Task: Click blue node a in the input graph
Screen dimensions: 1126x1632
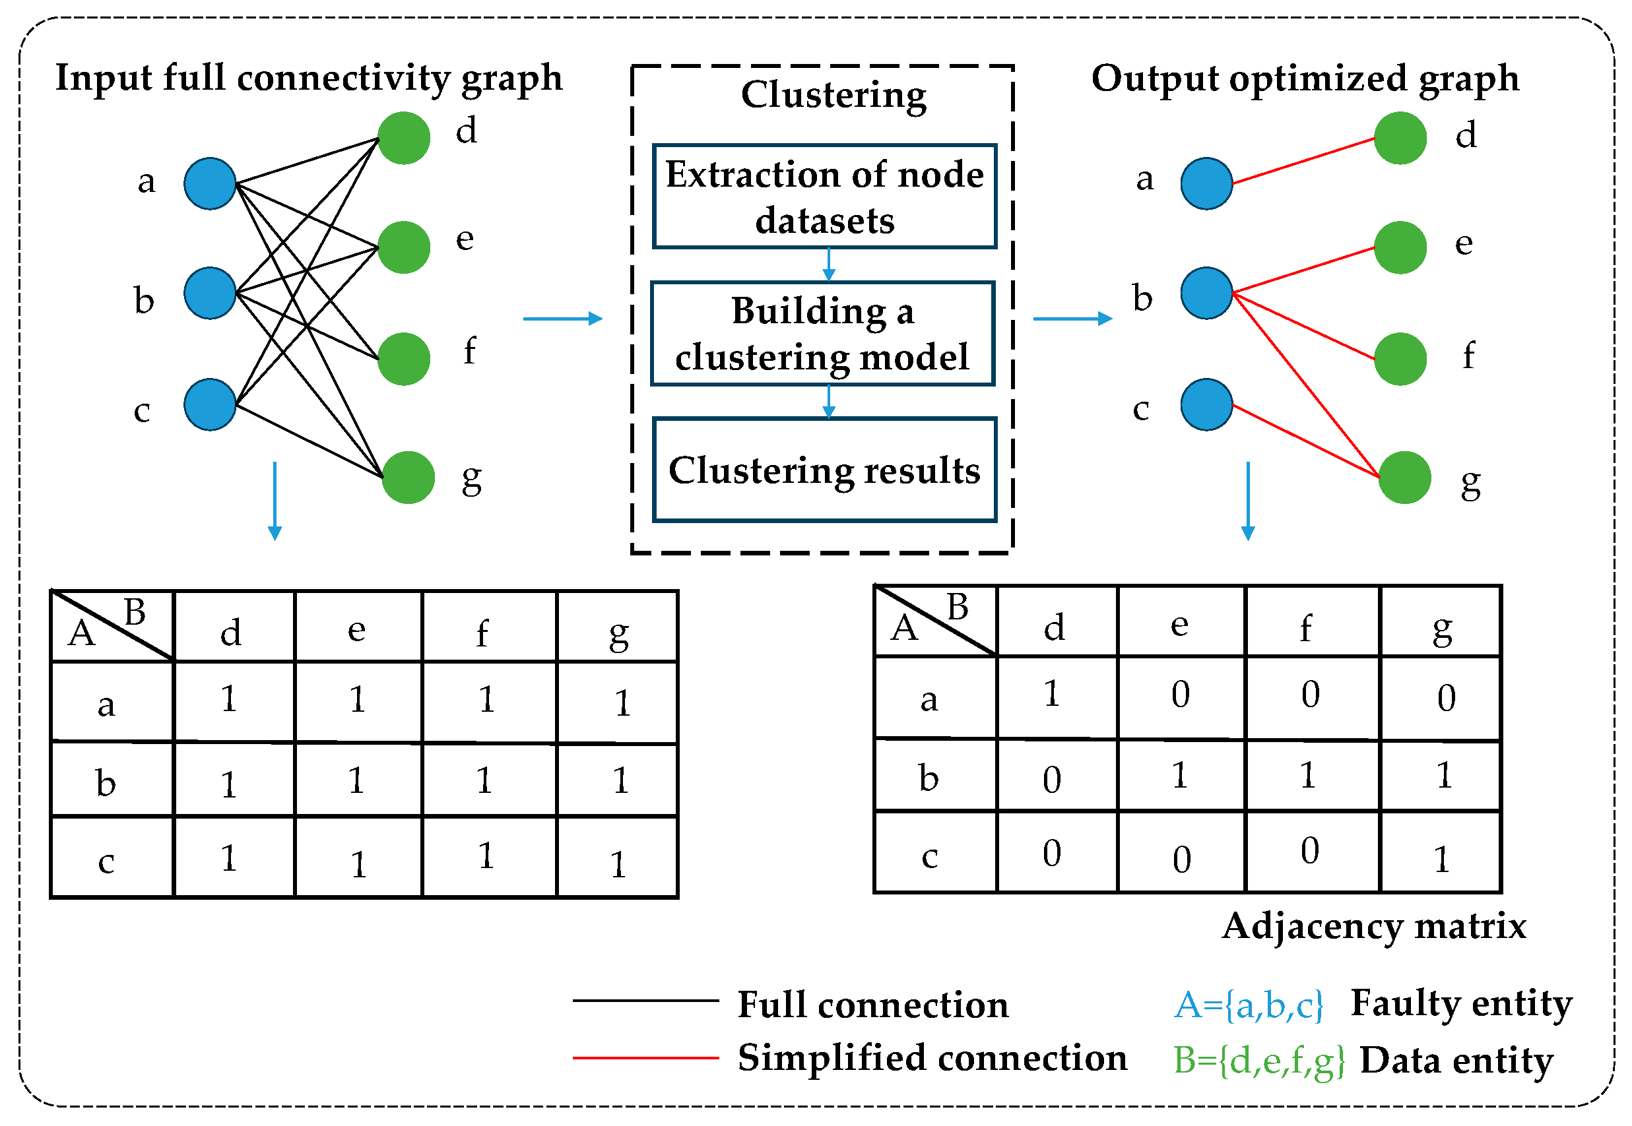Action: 210,183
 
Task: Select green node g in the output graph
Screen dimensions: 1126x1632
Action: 1404,478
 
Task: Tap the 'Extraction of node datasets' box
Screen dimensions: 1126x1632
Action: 824,196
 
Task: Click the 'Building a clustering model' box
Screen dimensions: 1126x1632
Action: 822,333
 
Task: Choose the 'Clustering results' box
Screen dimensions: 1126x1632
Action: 824,470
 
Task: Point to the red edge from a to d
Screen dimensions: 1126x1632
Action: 1303,161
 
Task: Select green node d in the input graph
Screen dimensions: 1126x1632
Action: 404,138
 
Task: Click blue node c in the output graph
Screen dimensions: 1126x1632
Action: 1206,404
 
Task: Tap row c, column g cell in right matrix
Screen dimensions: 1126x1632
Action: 1440,852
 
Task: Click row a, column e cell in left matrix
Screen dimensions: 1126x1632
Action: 358,701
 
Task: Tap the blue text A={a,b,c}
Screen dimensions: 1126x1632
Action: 1248,1004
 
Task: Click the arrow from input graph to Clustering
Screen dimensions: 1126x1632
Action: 562,319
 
